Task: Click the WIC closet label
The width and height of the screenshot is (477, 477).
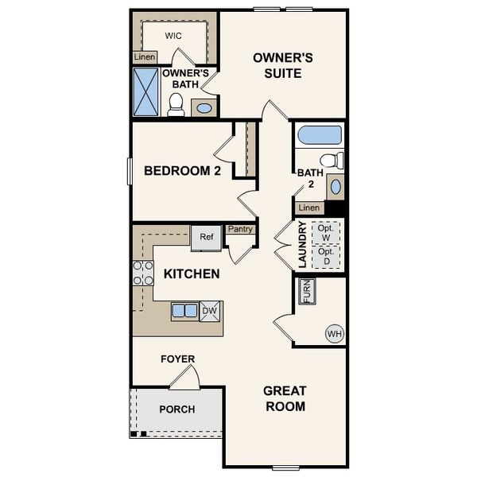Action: point(174,36)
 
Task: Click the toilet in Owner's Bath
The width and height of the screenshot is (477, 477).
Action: point(176,105)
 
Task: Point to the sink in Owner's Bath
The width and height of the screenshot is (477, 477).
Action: point(204,107)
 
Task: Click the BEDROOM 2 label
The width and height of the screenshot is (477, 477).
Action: point(182,170)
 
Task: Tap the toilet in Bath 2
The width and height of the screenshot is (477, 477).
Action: point(335,160)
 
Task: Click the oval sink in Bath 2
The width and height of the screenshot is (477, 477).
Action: point(335,187)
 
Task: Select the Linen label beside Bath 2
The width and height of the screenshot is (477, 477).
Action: point(309,208)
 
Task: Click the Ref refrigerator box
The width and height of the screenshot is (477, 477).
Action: point(207,237)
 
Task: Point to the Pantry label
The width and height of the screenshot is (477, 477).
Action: point(240,229)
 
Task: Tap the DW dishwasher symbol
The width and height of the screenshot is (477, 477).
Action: point(210,311)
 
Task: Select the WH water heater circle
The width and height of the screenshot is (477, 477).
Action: point(333,334)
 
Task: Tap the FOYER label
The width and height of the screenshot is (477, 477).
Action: point(178,359)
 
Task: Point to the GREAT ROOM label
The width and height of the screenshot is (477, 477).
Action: point(285,399)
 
